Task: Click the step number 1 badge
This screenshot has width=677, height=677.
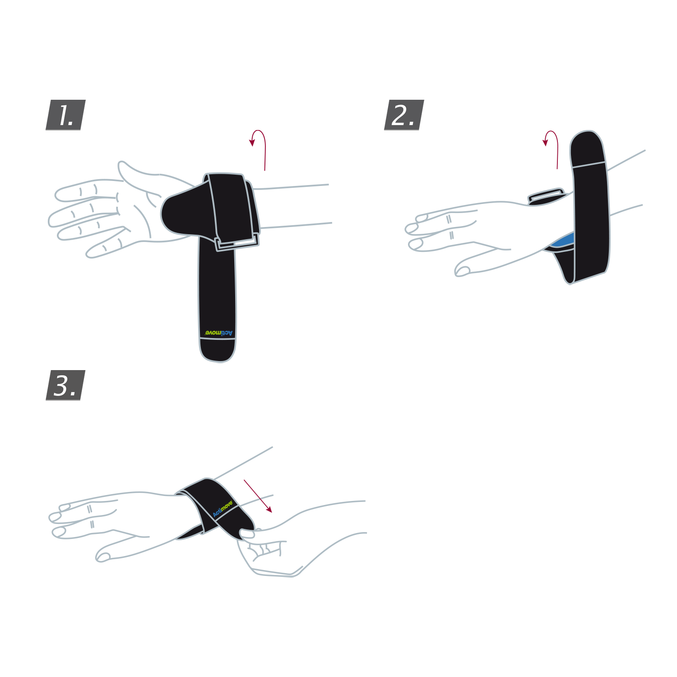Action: point(65,115)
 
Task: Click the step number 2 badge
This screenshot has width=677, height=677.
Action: point(404,115)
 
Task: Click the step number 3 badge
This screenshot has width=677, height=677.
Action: point(65,385)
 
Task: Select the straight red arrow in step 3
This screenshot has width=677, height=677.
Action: point(258,496)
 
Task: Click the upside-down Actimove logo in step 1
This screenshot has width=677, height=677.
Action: point(219,333)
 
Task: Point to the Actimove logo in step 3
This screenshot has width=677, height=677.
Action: point(223,509)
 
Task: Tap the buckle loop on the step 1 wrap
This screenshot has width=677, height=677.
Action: point(237,243)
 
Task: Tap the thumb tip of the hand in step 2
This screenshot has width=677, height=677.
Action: point(463,271)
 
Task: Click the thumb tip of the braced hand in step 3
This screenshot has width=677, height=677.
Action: point(103,557)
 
